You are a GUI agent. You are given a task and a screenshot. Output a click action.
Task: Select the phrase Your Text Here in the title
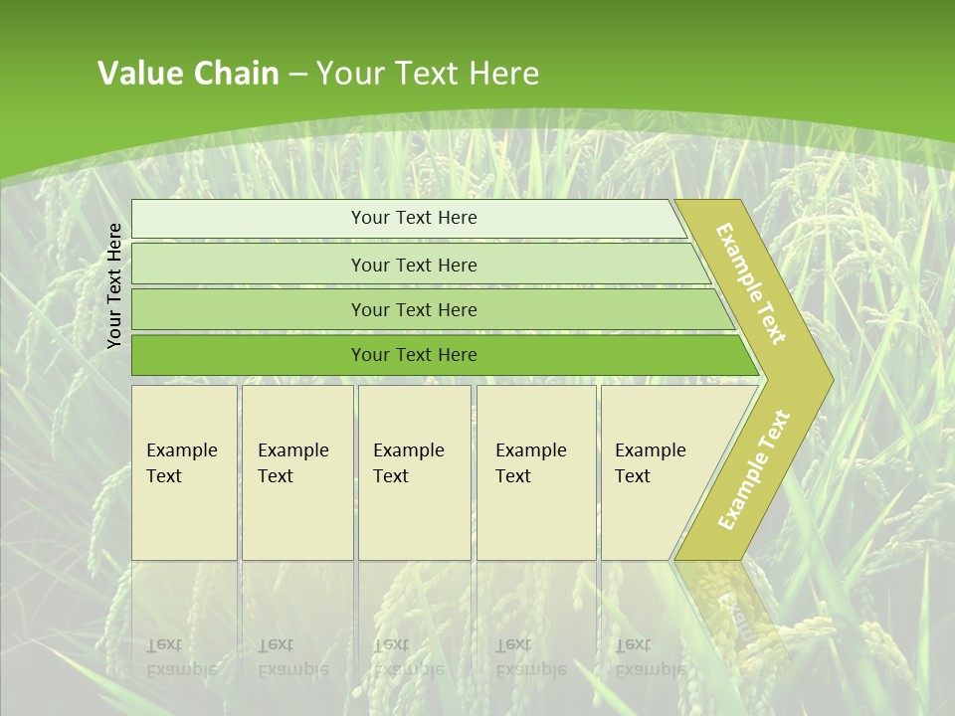pos(428,74)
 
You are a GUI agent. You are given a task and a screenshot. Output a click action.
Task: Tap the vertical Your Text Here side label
pos(114,285)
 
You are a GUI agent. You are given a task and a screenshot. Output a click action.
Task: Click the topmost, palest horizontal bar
pos(249,219)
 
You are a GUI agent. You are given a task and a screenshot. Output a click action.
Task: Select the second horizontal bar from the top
pos(249,265)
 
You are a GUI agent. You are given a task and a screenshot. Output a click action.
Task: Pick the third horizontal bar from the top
pos(249,309)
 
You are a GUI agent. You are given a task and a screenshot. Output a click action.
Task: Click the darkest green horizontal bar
pos(249,355)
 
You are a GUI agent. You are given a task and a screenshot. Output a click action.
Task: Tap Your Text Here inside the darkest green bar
pos(414,355)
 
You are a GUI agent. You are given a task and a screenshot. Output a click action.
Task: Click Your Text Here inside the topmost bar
pos(414,218)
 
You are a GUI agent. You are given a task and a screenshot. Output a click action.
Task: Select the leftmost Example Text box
pos(184,472)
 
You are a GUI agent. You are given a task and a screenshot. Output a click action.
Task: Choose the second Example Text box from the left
pos(297,472)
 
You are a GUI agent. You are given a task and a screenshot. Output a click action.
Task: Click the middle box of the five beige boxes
pos(414,472)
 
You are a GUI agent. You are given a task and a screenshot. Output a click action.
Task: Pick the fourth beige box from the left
pos(536,472)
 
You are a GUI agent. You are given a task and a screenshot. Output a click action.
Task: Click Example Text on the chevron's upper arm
pos(751,283)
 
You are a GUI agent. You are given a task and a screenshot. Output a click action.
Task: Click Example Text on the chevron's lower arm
pos(753,469)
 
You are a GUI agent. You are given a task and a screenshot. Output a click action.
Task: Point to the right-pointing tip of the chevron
pos(826,379)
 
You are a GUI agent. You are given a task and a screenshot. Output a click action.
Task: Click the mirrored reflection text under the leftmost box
pos(181,656)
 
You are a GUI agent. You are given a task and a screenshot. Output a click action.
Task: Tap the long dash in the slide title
pos(297,75)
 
